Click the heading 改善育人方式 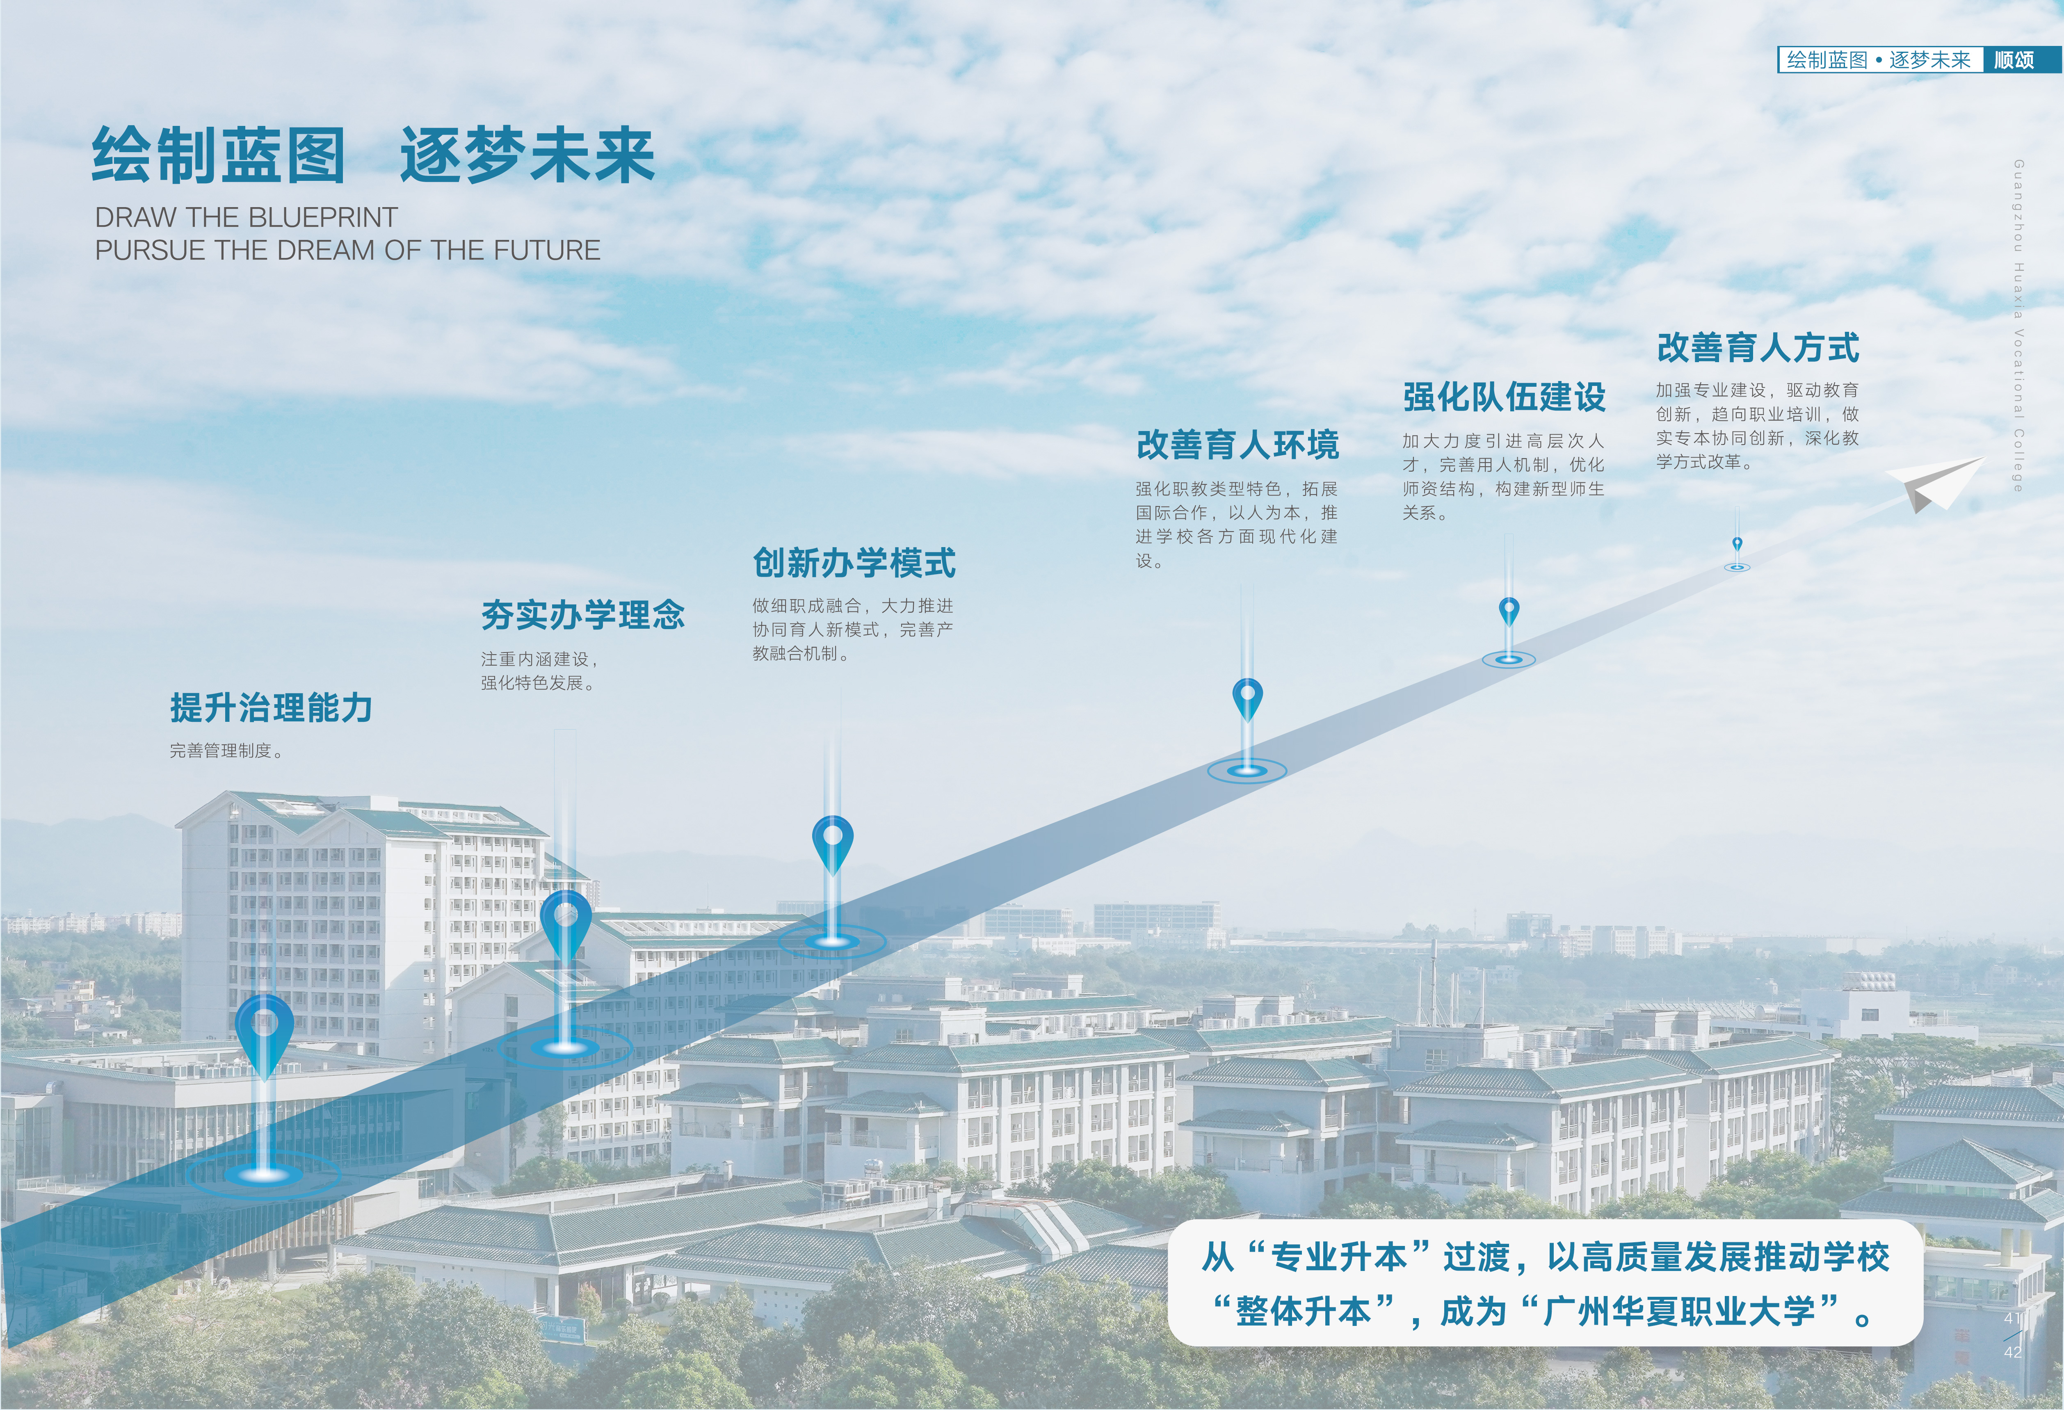[1758, 347]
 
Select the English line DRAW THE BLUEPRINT [246, 217]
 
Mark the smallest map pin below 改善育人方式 [1737, 543]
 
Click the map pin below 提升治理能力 [265, 1030]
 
